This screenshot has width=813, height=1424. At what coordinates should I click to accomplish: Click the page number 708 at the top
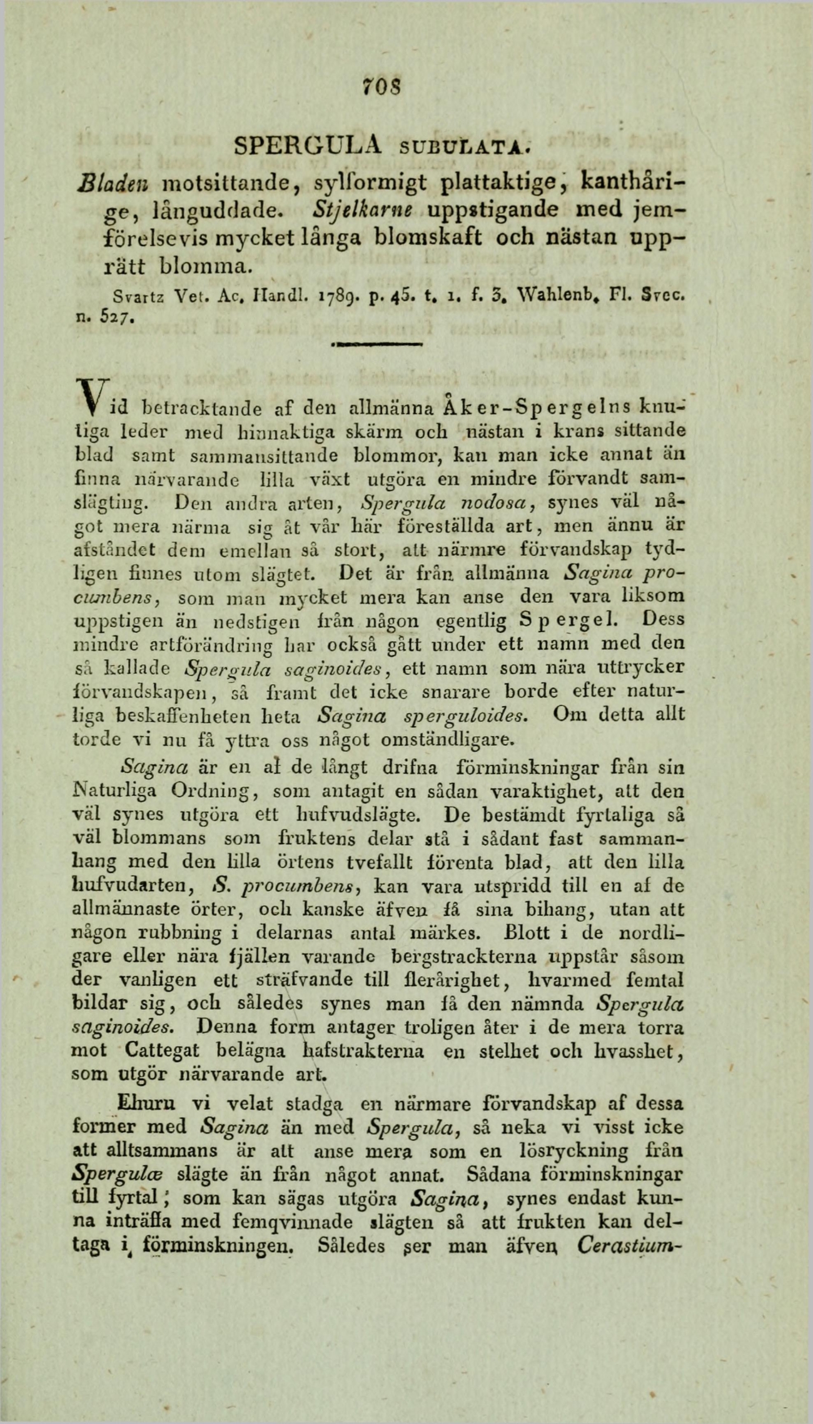point(379,87)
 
